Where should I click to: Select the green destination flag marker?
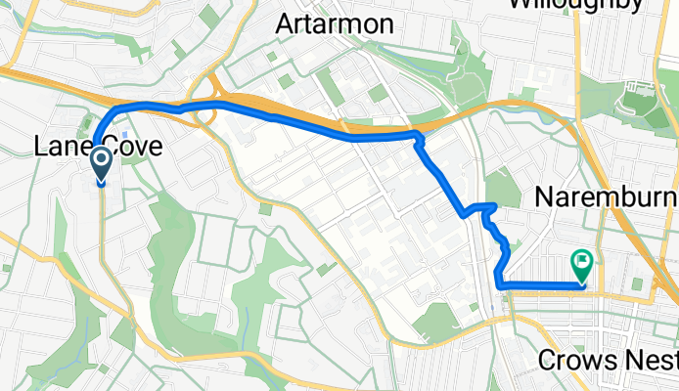tap(582, 264)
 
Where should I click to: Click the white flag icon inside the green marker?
tap(582, 260)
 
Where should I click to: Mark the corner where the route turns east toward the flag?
tap(500, 284)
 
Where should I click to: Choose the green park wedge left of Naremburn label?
tap(503, 187)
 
